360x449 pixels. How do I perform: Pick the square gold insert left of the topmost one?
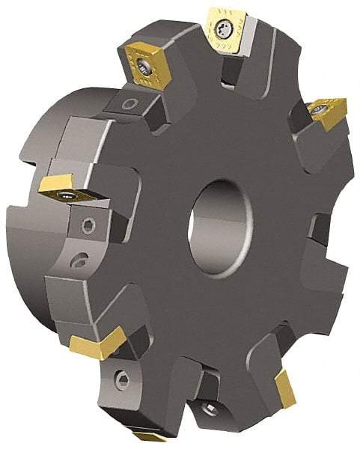click(x=145, y=64)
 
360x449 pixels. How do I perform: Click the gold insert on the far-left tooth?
click(x=67, y=188)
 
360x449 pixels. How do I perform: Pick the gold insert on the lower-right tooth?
click(x=285, y=389)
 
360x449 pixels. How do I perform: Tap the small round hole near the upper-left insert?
click(x=131, y=103)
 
